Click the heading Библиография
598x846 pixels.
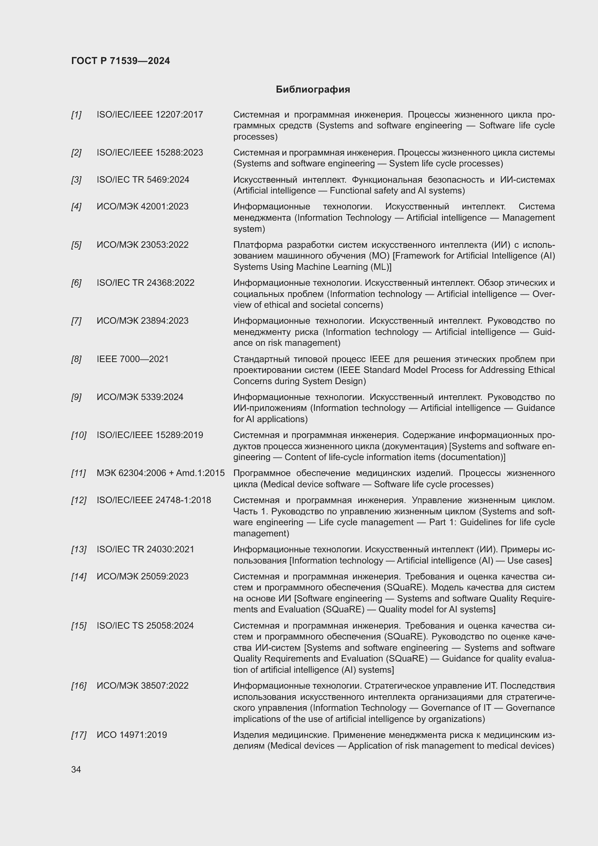tap(313, 90)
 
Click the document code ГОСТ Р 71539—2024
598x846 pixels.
tap(120, 61)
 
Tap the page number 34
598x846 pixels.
tap(76, 769)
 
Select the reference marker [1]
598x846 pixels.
tap(76, 115)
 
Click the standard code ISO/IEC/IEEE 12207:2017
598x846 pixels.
tap(150, 115)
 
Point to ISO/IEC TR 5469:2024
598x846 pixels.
tap(143, 180)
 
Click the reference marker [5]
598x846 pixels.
tap(76, 245)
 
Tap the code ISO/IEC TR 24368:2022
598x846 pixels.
tap(145, 283)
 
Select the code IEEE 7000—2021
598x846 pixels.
tap(133, 359)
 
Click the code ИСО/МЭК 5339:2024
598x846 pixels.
tap(140, 397)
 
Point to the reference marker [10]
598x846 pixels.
tap(78, 435)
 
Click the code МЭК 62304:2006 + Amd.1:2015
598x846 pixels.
tap(161, 473)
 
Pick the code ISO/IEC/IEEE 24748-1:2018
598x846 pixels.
tap(154, 500)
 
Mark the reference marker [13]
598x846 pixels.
tap(78, 549)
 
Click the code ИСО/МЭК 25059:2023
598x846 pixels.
tap(142, 577)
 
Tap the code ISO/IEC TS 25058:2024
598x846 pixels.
tap(145, 626)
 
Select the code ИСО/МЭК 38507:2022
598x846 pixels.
tap(142, 686)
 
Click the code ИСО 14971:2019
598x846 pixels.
tap(132, 735)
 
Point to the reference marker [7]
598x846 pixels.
tap(76, 321)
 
